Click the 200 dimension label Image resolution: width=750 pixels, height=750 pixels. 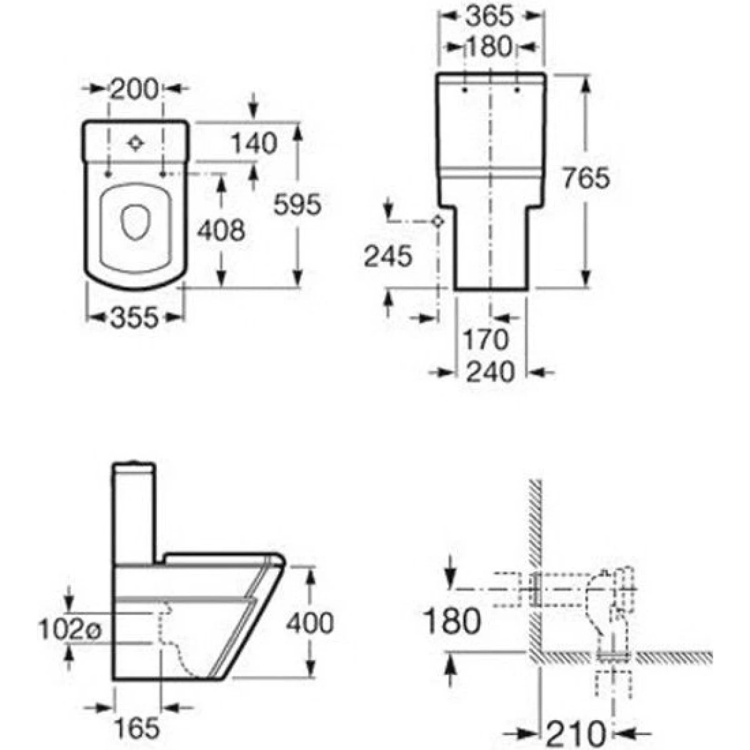pyautogui.click(x=134, y=89)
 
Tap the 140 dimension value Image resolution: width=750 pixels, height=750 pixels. pyautogui.click(x=254, y=144)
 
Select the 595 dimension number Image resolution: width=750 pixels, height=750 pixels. pyautogui.click(x=297, y=204)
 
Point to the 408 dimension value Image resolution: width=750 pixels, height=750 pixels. pyautogui.click(x=221, y=231)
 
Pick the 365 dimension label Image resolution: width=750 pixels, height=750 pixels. pyautogui.click(x=489, y=17)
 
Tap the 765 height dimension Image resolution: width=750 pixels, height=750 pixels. pyautogui.click(x=586, y=179)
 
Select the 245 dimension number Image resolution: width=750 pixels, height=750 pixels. pyautogui.click(x=388, y=256)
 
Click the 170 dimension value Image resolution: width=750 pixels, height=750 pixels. pyautogui.click(x=486, y=339)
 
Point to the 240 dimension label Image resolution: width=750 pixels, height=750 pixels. pyautogui.click(x=491, y=372)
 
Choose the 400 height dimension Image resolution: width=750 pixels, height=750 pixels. pyautogui.click(x=310, y=623)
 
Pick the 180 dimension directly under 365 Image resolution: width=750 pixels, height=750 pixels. pyautogui.click(x=489, y=47)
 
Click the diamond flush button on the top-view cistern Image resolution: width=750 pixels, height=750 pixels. pyautogui.click(x=136, y=144)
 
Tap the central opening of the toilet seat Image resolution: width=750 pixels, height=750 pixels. pyautogui.click(x=136, y=222)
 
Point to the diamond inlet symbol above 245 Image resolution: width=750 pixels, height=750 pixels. pyautogui.click(x=439, y=221)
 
